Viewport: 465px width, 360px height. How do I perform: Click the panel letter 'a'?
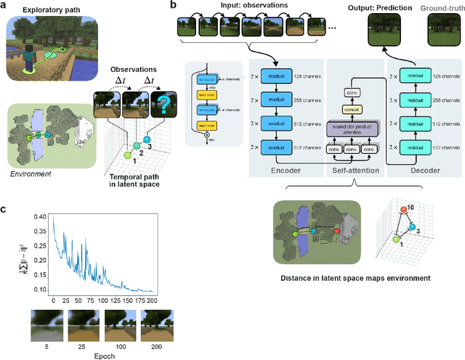point(5,6)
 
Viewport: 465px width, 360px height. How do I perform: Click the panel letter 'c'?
point(5,210)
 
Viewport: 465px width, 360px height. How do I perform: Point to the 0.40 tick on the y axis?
point(41,217)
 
